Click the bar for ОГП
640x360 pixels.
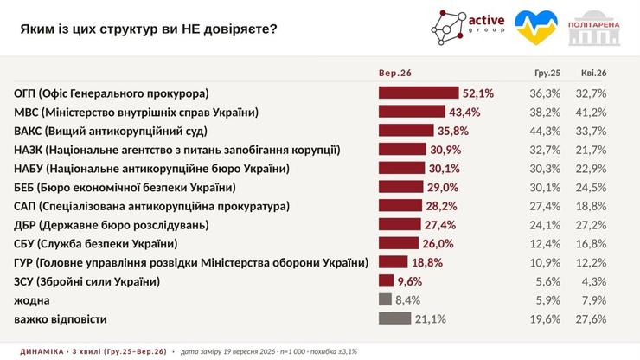coord(419,93)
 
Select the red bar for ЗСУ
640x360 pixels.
coord(386,280)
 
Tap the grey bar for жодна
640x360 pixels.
coord(385,299)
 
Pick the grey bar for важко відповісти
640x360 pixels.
coord(394,318)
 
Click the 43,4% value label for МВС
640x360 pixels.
coord(464,112)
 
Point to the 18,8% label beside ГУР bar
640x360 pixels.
coord(427,262)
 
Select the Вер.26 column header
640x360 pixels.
coord(395,73)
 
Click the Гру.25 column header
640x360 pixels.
coord(547,73)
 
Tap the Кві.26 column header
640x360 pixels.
coord(594,73)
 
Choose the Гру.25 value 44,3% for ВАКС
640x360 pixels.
coord(545,131)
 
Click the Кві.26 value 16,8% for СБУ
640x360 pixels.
coord(591,243)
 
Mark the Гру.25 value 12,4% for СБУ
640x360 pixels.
coord(545,243)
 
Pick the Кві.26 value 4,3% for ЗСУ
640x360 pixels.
coord(594,281)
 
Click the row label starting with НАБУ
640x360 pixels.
coord(152,169)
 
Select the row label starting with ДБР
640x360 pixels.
coord(112,225)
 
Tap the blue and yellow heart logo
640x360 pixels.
coord(536,28)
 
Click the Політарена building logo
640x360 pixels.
coord(594,29)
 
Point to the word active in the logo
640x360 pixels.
coord(486,20)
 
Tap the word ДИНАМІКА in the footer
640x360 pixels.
coord(42,351)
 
